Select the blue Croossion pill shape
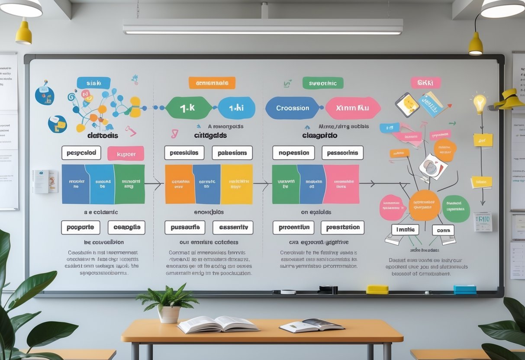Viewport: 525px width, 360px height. [x=293, y=108]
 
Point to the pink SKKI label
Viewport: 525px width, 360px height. [x=425, y=83]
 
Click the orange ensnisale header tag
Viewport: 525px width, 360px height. [x=212, y=83]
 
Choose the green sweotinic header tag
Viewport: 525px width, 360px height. [x=323, y=83]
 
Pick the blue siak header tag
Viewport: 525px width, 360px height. [x=93, y=83]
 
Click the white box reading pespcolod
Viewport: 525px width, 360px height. [x=81, y=153]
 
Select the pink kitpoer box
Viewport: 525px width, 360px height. [x=126, y=154]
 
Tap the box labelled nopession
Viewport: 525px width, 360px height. [x=293, y=153]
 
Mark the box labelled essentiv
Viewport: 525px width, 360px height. [x=233, y=228]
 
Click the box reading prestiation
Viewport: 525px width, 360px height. [x=342, y=228]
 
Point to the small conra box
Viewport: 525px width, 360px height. [x=443, y=230]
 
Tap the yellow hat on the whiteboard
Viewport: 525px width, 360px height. [x=510, y=100]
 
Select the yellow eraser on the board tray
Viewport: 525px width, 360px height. [x=377, y=289]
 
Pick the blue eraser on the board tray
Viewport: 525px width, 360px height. [x=465, y=289]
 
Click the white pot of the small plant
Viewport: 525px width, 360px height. [x=169, y=314]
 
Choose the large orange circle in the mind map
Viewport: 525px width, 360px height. [x=424, y=205]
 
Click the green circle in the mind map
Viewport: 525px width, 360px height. [x=456, y=209]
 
